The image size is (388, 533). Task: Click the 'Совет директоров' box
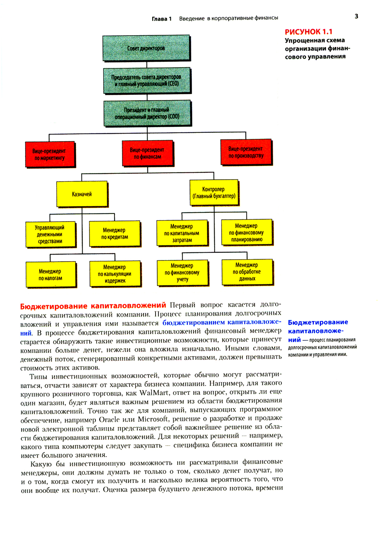pyautogui.click(x=146, y=48)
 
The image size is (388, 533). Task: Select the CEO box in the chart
pyautogui.click(x=147, y=80)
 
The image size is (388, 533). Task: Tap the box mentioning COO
pyautogui.click(x=147, y=113)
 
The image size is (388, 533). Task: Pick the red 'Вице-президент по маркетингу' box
pyautogui.click(x=50, y=155)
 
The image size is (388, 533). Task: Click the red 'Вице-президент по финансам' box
pyautogui.click(x=147, y=153)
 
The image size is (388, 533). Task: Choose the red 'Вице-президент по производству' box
pyautogui.click(x=246, y=152)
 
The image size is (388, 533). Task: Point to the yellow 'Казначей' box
pyautogui.click(x=82, y=194)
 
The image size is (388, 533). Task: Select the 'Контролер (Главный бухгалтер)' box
pyautogui.click(x=214, y=193)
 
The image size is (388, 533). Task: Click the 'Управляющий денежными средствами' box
pyautogui.click(x=50, y=234)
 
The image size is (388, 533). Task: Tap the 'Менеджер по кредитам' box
pyautogui.click(x=114, y=234)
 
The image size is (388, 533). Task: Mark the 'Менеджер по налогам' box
pyautogui.click(x=50, y=274)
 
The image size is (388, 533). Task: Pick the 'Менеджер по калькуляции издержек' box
pyautogui.click(x=115, y=274)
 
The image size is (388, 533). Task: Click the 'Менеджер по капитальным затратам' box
pyautogui.click(x=182, y=233)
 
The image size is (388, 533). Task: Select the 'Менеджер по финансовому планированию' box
pyautogui.click(x=246, y=232)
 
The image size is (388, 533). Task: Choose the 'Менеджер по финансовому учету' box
pyautogui.click(x=182, y=273)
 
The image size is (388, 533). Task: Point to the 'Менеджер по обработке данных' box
pyautogui.click(x=247, y=272)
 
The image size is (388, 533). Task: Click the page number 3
pyautogui.click(x=356, y=16)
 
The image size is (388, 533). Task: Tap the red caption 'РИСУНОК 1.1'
pyautogui.click(x=308, y=32)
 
